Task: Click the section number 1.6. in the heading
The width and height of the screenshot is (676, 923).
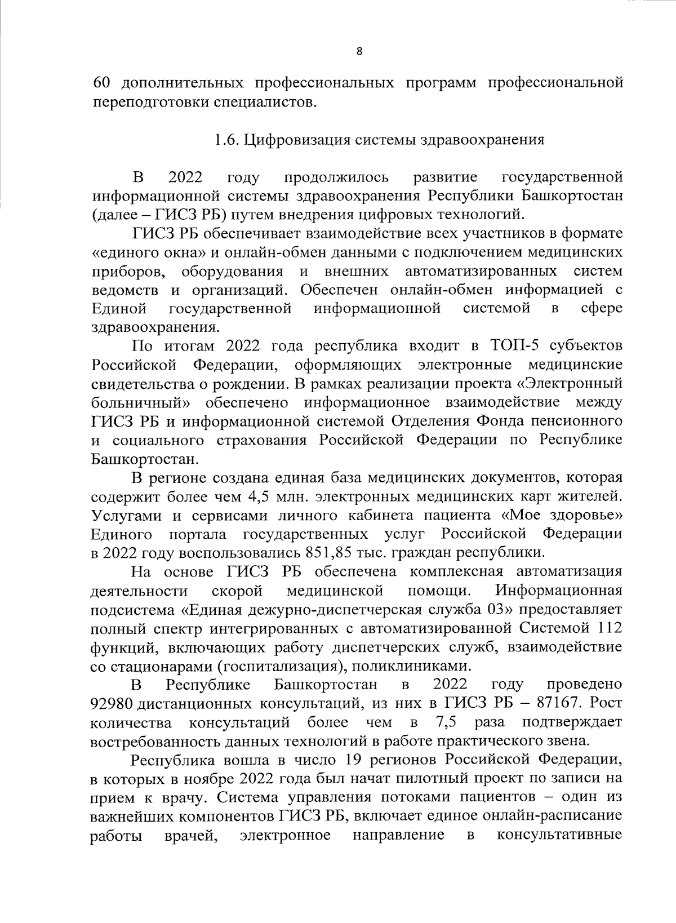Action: [x=228, y=140]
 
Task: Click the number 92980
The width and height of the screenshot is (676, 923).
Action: [x=112, y=703]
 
